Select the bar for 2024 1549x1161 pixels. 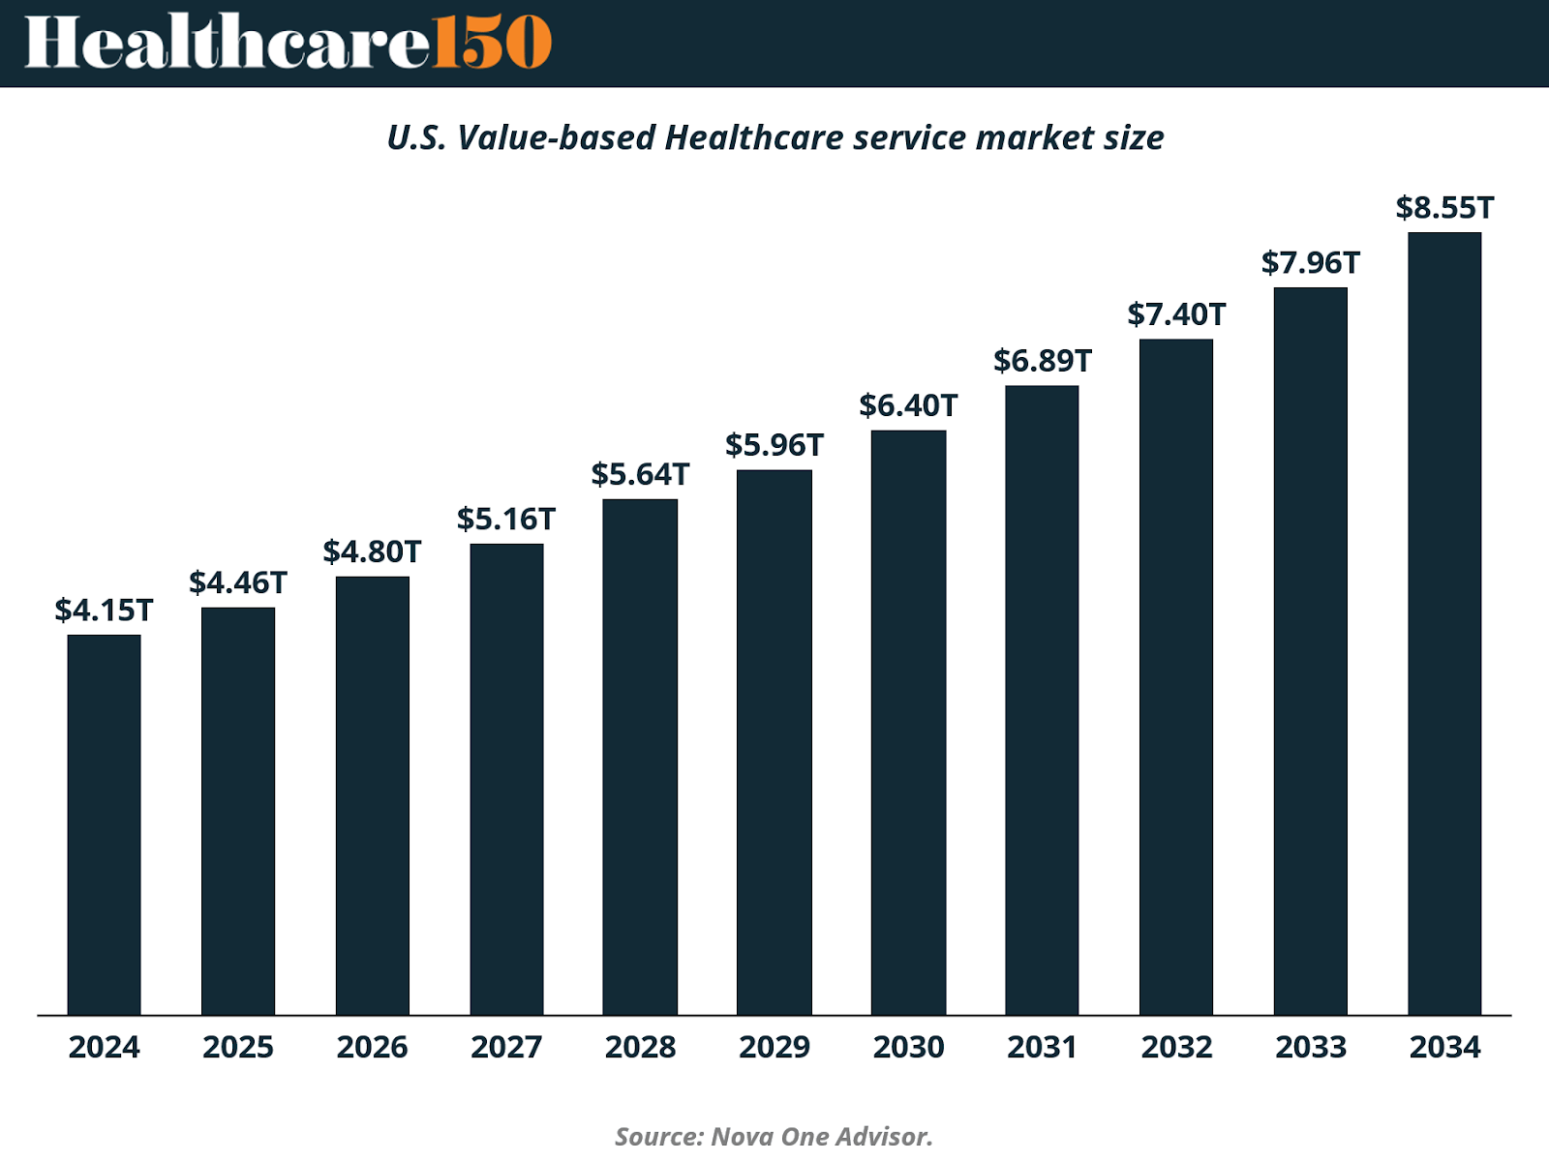coord(104,824)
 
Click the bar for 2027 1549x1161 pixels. coord(506,779)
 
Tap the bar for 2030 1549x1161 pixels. coord(908,722)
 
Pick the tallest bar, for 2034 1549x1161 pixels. coord(1444,623)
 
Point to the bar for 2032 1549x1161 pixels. coord(1176,676)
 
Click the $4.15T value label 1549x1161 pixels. coord(104,610)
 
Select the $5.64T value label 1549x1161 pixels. coord(640,475)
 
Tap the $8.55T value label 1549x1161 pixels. coord(1444,208)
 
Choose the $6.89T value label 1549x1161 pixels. coord(1043,361)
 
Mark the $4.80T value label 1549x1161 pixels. coord(372,552)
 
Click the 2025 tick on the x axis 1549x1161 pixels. coord(238,1047)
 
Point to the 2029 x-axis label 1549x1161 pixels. coord(774,1047)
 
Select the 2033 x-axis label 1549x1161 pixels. coord(1311,1047)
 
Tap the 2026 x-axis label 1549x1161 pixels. coord(372,1047)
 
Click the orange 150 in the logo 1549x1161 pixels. coord(491,43)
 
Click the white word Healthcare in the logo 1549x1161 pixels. coord(227,43)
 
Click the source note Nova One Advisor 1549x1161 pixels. coord(821,1136)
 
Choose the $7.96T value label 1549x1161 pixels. coord(1311,263)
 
